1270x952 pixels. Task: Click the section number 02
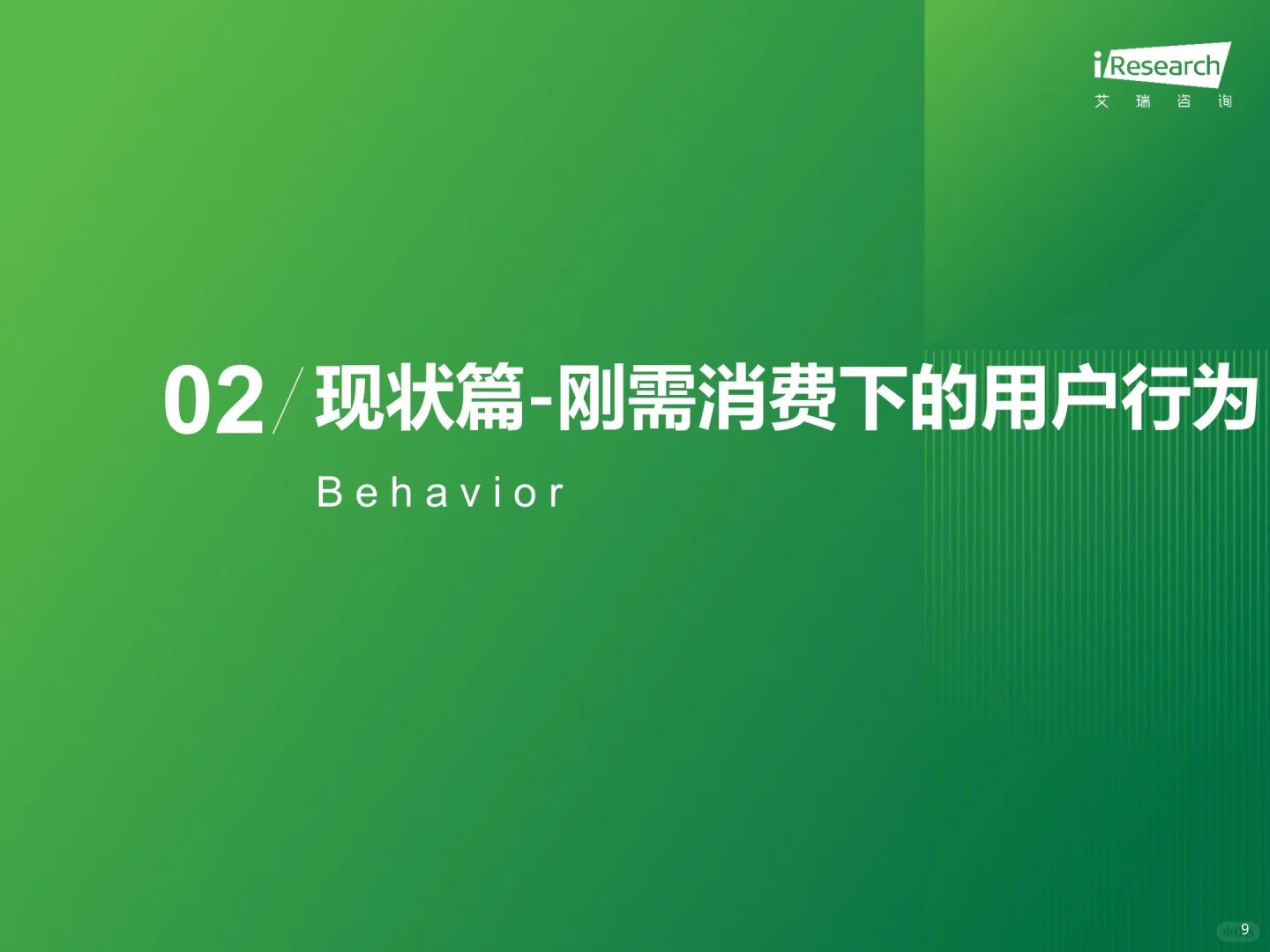[214, 402]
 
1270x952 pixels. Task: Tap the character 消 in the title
[734, 400]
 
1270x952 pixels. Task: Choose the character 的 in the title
[944, 400]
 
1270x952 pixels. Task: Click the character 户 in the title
[1085, 400]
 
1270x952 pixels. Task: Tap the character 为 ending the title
[1224, 400]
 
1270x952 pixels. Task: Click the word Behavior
[439, 493]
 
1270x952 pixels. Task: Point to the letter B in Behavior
[328, 493]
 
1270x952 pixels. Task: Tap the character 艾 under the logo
[1102, 101]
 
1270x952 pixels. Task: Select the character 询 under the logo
[1224, 101]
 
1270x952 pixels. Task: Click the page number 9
[1244, 929]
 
